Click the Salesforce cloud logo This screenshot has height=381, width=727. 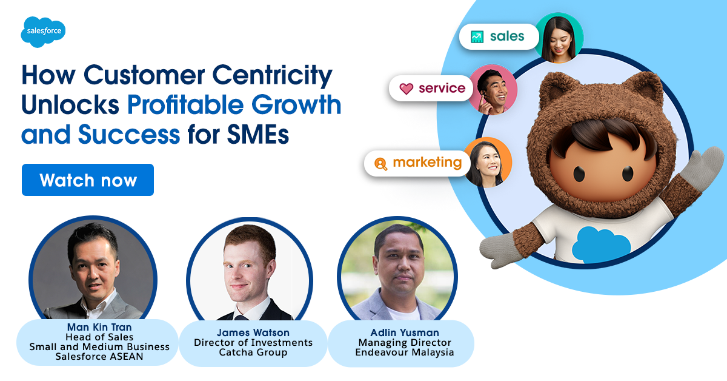(x=42, y=31)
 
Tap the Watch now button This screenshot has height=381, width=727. (x=88, y=180)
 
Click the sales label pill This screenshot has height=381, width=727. (x=499, y=36)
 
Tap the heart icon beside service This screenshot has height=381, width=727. (x=406, y=89)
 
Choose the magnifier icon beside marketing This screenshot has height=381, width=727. (x=380, y=164)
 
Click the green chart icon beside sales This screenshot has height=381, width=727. (x=477, y=37)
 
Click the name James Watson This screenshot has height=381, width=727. (x=253, y=332)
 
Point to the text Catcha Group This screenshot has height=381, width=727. (x=253, y=352)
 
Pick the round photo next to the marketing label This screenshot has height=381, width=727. (x=488, y=161)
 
